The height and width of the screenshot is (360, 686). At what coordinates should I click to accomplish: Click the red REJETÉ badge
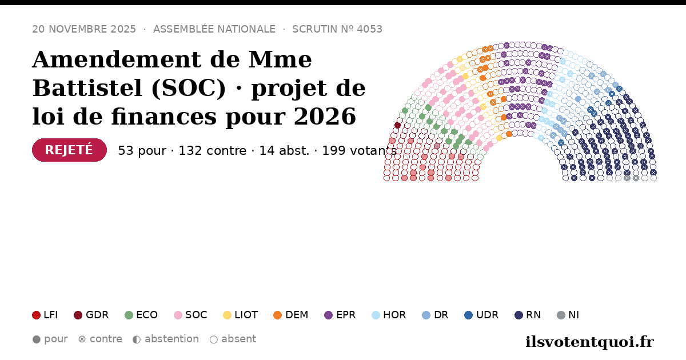70,150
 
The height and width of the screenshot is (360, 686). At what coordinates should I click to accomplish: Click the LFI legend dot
36,315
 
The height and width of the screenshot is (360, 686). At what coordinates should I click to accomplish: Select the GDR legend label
97,315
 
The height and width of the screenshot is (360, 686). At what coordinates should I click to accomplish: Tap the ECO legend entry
141,315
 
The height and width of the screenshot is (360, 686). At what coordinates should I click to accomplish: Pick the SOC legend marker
178,315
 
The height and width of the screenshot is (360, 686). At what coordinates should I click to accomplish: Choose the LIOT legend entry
241,315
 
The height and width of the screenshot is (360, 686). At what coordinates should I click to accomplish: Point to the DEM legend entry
290,315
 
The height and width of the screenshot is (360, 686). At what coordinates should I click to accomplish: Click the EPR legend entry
340,315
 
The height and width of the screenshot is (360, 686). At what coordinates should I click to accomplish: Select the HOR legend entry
389,315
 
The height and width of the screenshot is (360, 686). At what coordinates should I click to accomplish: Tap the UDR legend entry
481,315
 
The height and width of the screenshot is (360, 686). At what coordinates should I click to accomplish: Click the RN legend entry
528,315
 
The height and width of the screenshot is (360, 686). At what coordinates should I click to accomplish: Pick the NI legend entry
568,315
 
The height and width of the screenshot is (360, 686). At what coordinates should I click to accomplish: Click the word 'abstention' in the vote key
172,339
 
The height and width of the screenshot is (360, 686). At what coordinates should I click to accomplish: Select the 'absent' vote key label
238,339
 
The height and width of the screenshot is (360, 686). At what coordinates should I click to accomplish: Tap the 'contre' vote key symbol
82,339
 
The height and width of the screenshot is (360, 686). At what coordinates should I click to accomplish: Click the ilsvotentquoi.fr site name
589,342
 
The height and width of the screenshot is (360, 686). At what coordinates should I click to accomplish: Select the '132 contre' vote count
213,151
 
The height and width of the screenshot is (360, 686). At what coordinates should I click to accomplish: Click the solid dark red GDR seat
397,125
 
